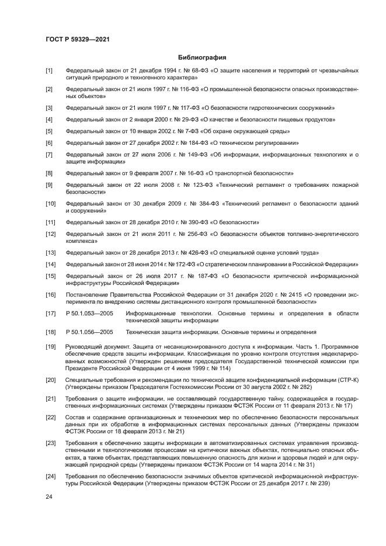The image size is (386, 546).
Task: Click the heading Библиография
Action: pyautogui.click(x=201, y=57)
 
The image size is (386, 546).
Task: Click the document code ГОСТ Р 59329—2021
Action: pyautogui.click(x=78, y=39)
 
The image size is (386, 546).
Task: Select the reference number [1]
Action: pyautogui.click(x=49, y=70)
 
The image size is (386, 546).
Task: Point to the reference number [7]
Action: pyautogui.click(x=49, y=154)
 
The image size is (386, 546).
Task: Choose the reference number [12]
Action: pyautogui.click(x=50, y=234)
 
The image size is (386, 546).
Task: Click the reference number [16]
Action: pyautogui.click(x=50, y=295)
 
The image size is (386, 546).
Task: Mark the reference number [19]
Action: pyautogui.click(x=50, y=347)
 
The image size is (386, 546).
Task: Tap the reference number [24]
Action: pyautogui.click(x=50, y=477)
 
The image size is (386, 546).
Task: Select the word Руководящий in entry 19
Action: pyautogui.click(x=84, y=347)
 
